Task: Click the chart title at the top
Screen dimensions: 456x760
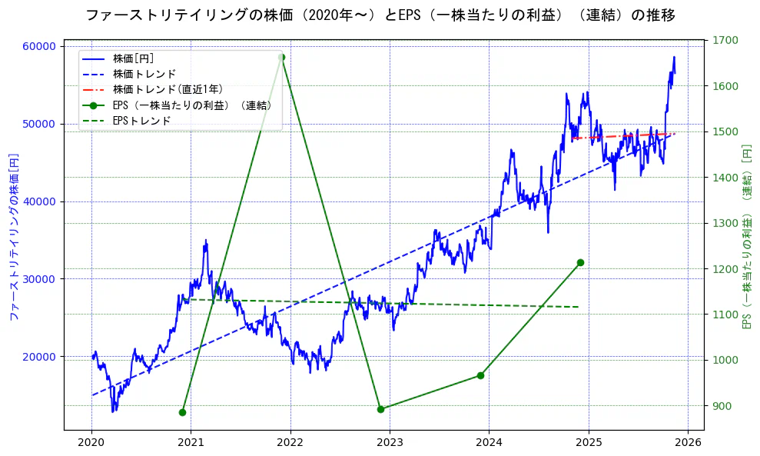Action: (x=380, y=15)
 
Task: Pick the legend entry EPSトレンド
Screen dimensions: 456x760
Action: (x=141, y=121)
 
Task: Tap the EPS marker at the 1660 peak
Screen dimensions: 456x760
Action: (x=281, y=57)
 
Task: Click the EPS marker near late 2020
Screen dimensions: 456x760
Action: (x=182, y=412)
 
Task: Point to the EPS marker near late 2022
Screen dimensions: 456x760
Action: (x=380, y=409)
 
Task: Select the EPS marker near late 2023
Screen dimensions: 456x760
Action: (x=480, y=375)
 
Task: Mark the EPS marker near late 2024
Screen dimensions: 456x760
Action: (x=580, y=262)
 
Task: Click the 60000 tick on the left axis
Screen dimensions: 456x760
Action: (x=41, y=46)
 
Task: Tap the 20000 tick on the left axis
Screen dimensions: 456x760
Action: (x=41, y=356)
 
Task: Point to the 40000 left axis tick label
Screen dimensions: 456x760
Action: (x=41, y=201)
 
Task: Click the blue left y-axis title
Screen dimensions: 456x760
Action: (x=13, y=236)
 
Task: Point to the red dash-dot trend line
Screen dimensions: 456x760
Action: (x=622, y=136)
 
